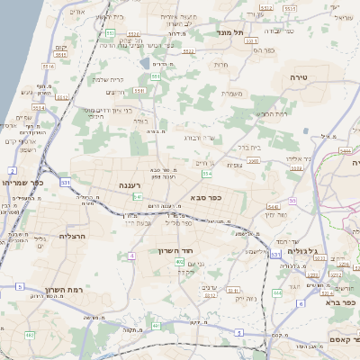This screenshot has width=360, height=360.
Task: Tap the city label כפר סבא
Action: click(x=206, y=195)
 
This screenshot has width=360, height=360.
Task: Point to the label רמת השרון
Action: click(x=62, y=290)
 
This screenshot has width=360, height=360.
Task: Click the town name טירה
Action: click(x=299, y=79)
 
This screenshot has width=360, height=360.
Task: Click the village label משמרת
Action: click(x=232, y=94)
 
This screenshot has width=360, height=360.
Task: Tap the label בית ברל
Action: click(x=249, y=146)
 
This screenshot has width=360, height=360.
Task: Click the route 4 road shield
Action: click(x=131, y=256)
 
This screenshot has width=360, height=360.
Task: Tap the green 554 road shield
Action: click(x=207, y=174)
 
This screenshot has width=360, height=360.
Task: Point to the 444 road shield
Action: click(x=276, y=292)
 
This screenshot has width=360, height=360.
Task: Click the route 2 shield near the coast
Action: click(x=12, y=170)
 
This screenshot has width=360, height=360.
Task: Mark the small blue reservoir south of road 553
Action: click(x=145, y=64)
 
